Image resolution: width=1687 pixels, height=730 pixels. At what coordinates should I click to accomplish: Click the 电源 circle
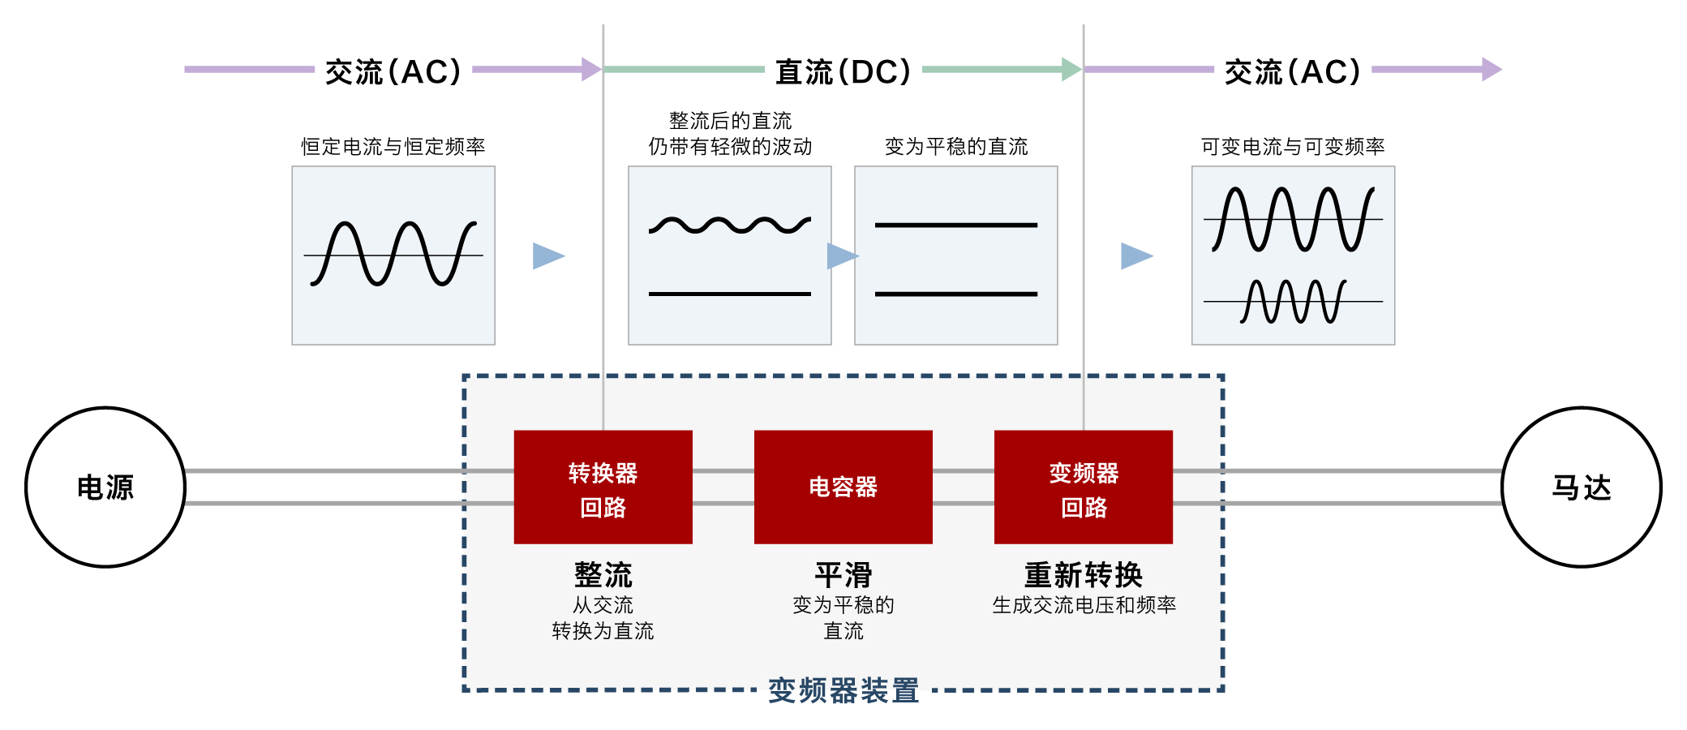[105, 487]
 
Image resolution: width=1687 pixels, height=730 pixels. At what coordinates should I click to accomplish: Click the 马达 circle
[1581, 487]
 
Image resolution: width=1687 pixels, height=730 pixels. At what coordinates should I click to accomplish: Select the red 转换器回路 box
[603, 487]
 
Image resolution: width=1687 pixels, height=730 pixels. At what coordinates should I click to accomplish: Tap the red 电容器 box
[843, 487]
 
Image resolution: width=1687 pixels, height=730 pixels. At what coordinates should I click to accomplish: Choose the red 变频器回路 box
[1083, 487]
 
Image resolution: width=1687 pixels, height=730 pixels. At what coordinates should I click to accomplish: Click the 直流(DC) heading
[843, 71]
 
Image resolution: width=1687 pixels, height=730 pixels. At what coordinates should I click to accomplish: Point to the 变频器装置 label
[843, 690]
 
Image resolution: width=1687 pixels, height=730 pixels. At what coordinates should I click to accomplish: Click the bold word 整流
[603, 574]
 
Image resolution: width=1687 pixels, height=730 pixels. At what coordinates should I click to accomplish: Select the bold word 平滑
[843, 574]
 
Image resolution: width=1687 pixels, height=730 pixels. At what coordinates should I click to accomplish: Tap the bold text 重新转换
[1083, 574]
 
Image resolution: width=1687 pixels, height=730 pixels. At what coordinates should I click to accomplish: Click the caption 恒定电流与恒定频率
[393, 146]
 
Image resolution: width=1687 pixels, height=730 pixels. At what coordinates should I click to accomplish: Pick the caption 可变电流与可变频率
[1293, 146]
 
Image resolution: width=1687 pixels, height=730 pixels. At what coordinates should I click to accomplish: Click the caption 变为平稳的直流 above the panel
[955, 146]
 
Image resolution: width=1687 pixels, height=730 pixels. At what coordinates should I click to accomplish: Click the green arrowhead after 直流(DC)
[1071, 70]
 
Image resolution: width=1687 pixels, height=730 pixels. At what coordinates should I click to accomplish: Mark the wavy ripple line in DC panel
[729, 225]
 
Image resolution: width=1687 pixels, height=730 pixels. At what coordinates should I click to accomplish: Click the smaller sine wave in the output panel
[1293, 302]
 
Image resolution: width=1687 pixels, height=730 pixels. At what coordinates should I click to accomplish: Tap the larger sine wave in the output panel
[1293, 219]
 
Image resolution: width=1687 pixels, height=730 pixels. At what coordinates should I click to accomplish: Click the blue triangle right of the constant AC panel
[547, 255]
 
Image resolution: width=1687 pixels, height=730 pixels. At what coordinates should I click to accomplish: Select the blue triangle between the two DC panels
[841, 255]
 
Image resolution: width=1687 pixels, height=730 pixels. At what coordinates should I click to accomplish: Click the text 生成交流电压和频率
[1084, 604]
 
